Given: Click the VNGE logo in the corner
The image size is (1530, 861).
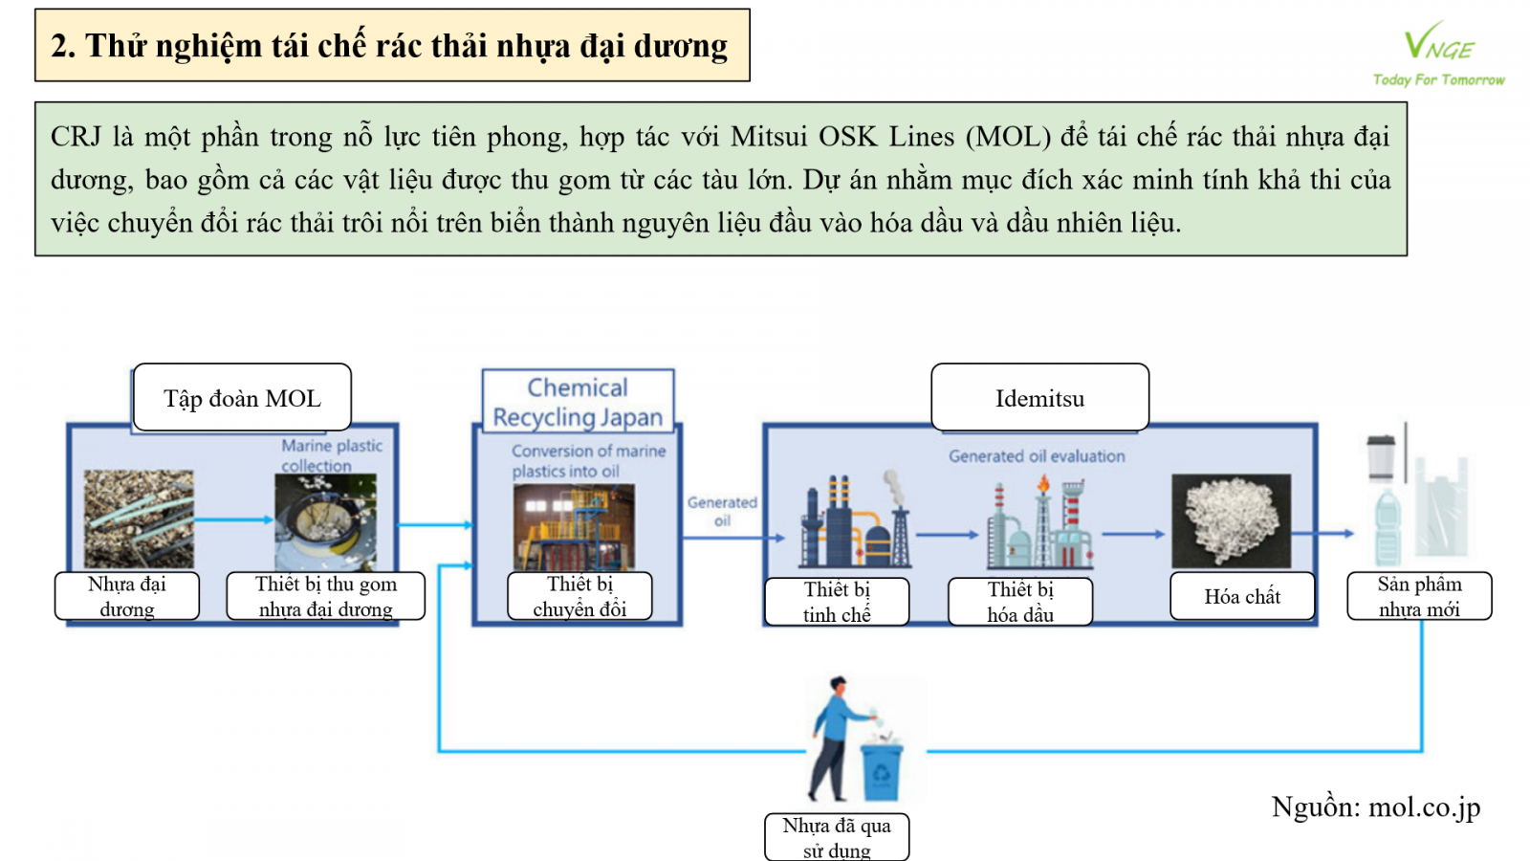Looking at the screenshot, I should pyautogui.click(x=1438, y=54).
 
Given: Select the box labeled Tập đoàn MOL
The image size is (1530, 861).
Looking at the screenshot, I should pyautogui.click(x=242, y=398).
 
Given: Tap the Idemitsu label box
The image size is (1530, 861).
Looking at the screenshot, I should pyautogui.click(x=1039, y=398).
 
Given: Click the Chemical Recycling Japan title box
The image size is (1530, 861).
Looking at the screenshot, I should pyautogui.click(x=578, y=402).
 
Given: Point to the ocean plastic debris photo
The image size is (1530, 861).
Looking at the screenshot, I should pyautogui.click(x=139, y=519).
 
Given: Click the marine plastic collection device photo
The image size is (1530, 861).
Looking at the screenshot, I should pyautogui.click(x=325, y=522).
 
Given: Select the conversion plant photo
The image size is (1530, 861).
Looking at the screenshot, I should pyautogui.click(x=574, y=527).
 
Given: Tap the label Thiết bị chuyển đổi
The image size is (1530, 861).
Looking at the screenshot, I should pyautogui.click(x=579, y=597).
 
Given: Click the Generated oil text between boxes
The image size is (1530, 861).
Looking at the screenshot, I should pyautogui.click(x=722, y=511).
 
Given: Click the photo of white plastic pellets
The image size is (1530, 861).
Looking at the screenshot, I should pyautogui.click(x=1231, y=521).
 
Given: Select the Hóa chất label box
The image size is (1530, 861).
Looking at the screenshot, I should pyautogui.click(x=1242, y=597).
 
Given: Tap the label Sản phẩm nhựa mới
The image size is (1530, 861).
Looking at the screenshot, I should pyautogui.click(x=1419, y=597).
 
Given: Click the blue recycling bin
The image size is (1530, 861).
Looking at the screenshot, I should pyautogui.click(x=881, y=770).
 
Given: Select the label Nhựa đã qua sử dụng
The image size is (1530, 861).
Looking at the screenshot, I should pyautogui.click(x=837, y=838).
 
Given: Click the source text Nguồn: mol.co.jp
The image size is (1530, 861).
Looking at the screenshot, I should pyautogui.click(x=1375, y=807).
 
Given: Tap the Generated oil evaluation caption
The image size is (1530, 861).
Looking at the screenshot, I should pyautogui.click(x=1037, y=456).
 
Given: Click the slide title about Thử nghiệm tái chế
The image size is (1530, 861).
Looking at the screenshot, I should pyautogui.click(x=390, y=46).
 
